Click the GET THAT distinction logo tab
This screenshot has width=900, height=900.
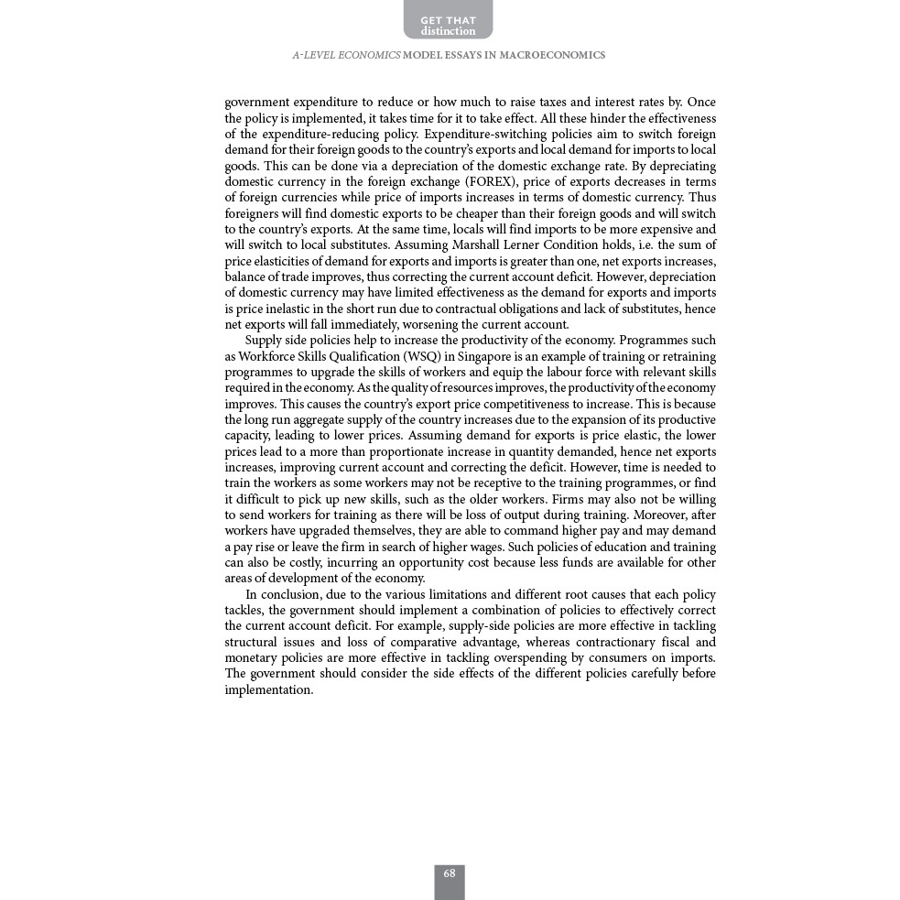pos(448,21)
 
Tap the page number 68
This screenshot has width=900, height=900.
pos(450,874)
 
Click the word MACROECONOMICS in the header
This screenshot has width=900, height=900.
pos(552,56)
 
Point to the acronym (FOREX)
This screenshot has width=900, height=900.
pos(490,181)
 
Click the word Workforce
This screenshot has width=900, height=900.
pos(266,356)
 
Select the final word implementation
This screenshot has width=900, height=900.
pos(269,690)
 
